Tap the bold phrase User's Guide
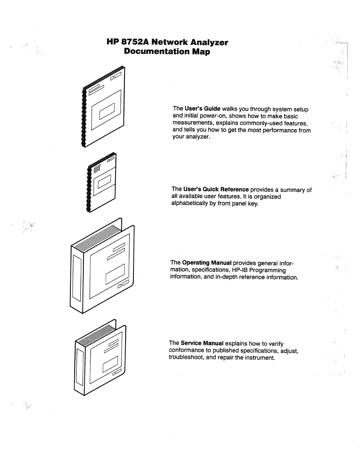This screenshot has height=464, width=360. click(x=202, y=109)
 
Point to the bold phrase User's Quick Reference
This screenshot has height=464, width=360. click(x=216, y=189)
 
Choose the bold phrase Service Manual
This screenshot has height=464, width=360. click(x=202, y=343)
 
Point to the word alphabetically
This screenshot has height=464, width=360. click(x=190, y=203)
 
